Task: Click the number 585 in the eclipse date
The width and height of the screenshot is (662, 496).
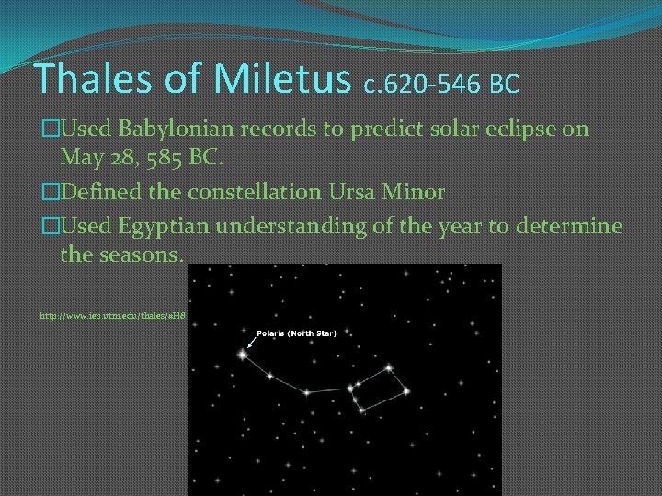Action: click(x=158, y=157)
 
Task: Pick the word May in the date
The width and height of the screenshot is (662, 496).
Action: click(x=80, y=158)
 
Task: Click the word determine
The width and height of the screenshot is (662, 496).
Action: click(x=568, y=226)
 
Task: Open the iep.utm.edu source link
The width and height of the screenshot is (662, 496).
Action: click(x=112, y=314)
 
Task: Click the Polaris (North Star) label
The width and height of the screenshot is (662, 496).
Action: click(x=296, y=333)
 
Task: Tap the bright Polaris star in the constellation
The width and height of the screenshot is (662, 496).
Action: click(x=243, y=353)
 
